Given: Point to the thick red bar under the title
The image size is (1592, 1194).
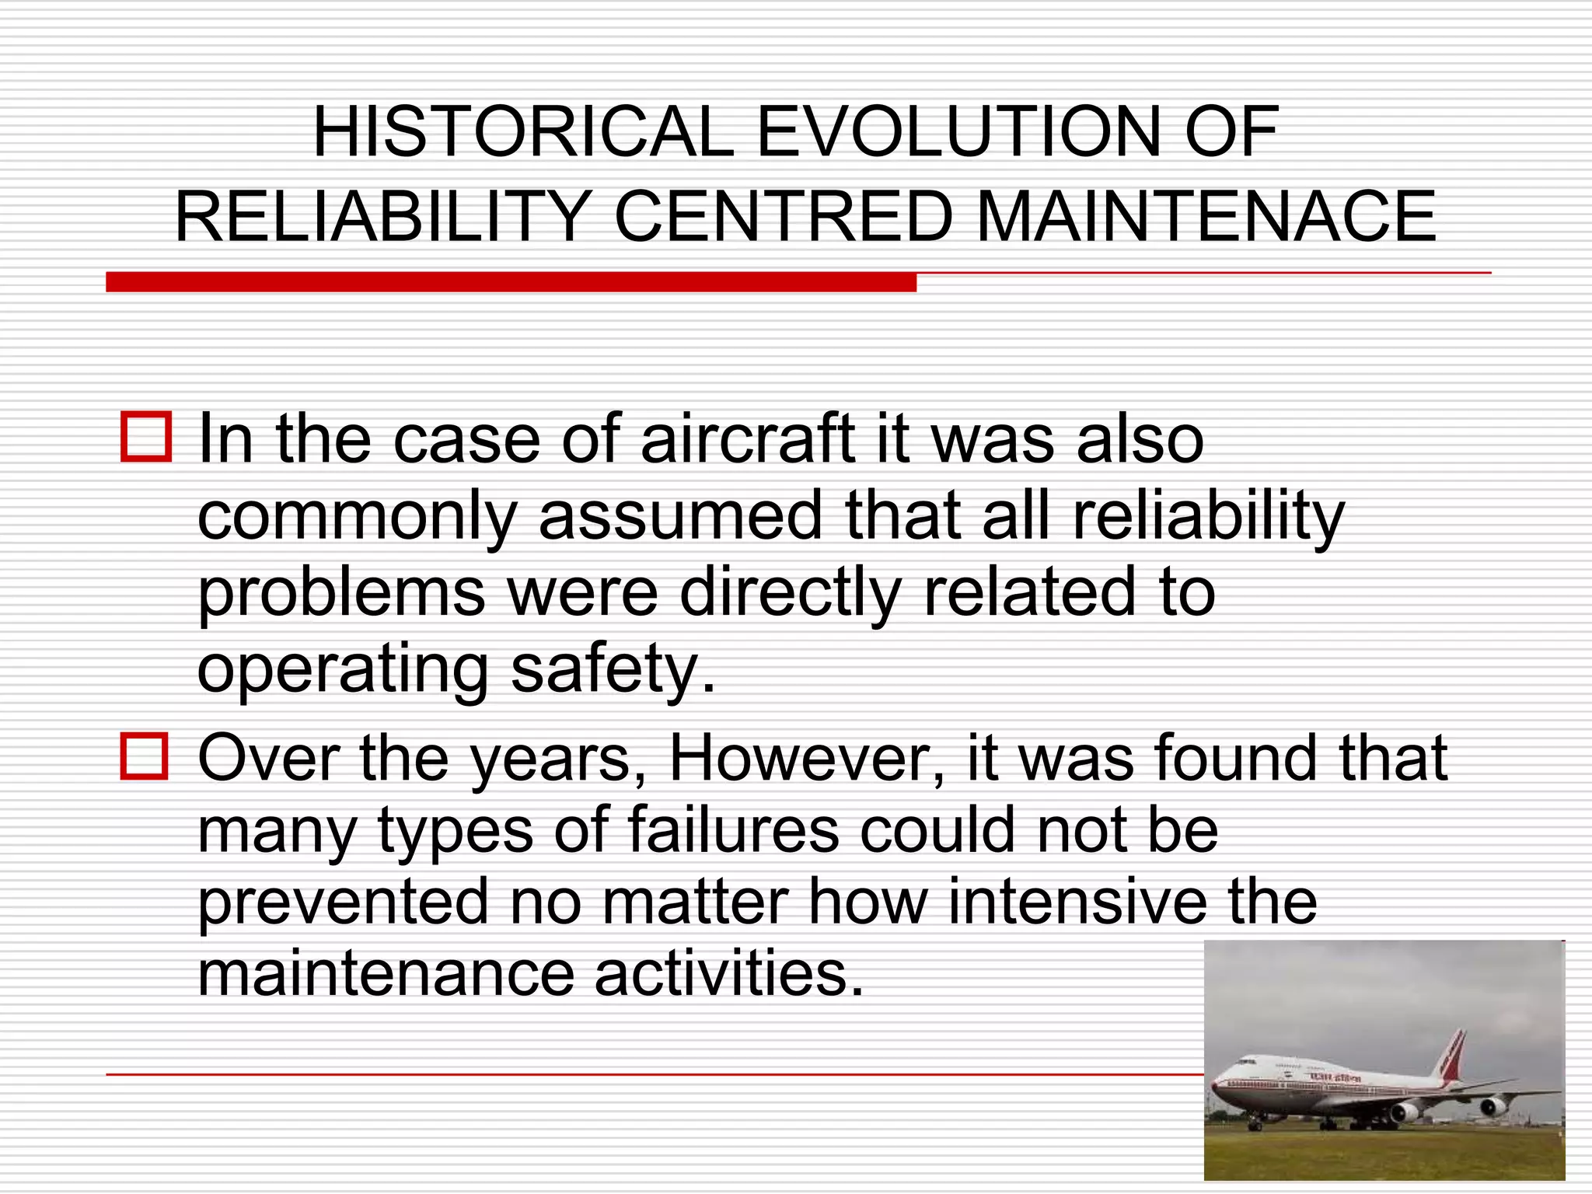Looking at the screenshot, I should click(511, 282).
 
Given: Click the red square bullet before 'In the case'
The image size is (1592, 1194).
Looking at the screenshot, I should click(146, 438).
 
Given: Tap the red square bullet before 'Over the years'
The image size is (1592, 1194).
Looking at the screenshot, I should click(145, 756).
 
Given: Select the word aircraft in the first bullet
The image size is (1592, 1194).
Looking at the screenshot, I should click(747, 439).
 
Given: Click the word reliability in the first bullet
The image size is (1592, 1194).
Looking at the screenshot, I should click(1207, 517).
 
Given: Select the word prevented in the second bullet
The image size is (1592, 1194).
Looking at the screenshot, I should click(343, 902).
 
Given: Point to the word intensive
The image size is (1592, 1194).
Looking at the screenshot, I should click(1077, 902).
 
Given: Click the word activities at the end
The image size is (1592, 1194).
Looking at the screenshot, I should click(729, 973).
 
